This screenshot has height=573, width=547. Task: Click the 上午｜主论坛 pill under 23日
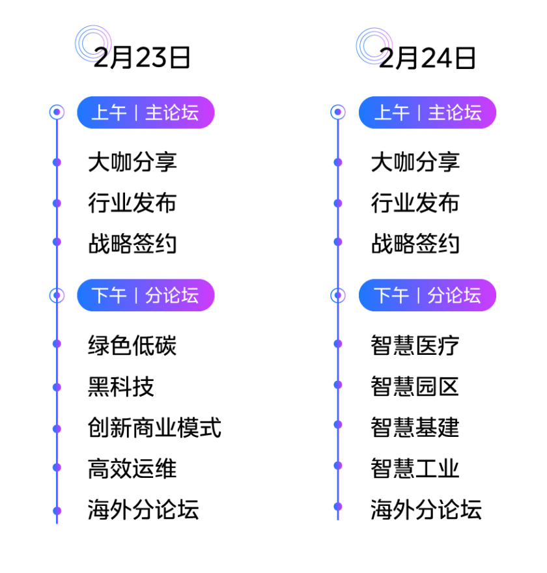(145, 113)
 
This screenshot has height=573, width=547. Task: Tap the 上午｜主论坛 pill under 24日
(427, 113)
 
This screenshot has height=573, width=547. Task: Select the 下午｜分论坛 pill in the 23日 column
(145, 296)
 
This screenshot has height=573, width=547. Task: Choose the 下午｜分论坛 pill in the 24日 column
(427, 296)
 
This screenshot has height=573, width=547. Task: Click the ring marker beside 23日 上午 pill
(57, 113)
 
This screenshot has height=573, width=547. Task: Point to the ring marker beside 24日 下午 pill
(338, 296)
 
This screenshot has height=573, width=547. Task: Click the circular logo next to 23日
(93, 44)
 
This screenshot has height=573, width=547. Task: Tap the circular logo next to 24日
(374, 46)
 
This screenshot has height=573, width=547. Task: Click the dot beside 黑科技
(57, 387)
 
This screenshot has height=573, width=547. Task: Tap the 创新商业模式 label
(154, 428)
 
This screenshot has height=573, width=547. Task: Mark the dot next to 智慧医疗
(338, 344)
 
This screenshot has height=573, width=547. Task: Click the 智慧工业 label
(415, 468)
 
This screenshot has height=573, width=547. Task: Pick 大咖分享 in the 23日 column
(133, 162)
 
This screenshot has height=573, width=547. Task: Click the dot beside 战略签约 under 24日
(338, 242)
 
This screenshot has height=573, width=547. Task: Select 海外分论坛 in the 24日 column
(427, 509)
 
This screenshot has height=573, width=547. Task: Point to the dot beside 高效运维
(57, 468)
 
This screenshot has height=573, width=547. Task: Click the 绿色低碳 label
(133, 344)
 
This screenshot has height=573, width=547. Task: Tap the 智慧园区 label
(415, 386)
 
